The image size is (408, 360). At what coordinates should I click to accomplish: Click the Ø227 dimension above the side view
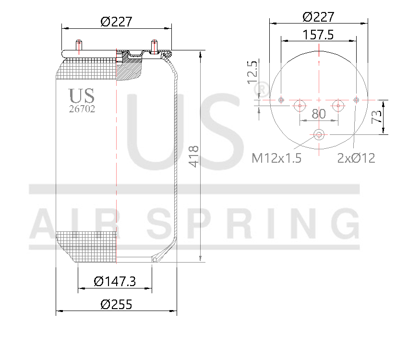tap(116, 22)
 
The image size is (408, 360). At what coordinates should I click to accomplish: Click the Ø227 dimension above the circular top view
tap(318, 17)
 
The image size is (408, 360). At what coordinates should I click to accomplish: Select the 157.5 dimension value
tap(318, 35)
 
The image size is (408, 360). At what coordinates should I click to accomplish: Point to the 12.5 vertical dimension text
tap(252, 72)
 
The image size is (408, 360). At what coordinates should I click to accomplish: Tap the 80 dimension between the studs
tap(319, 114)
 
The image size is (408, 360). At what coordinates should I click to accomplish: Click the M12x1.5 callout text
tap(276, 158)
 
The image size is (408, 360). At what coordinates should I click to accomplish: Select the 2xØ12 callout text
tap(356, 158)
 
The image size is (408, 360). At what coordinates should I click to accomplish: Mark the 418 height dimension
tap(194, 156)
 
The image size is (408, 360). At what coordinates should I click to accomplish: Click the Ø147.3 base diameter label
tap(115, 281)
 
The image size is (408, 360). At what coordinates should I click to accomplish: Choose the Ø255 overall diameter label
tap(116, 304)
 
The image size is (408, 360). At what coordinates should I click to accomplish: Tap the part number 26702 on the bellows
tap(82, 109)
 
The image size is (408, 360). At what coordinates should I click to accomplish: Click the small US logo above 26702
tap(81, 96)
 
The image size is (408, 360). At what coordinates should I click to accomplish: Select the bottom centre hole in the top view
tap(319, 134)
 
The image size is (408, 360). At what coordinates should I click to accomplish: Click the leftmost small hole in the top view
tap(281, 100)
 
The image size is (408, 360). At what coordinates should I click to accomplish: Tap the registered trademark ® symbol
tap(264, 88)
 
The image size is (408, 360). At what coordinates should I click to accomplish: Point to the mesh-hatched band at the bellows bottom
tap(86, 245)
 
